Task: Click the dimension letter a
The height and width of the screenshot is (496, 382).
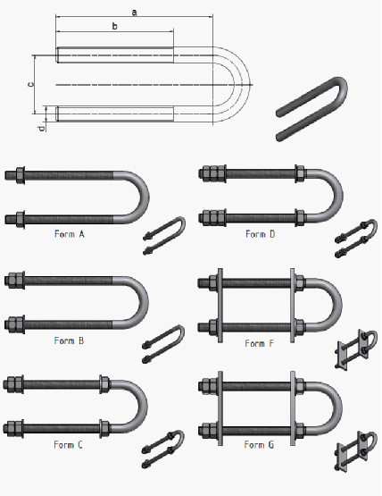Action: click(x=135, y=13)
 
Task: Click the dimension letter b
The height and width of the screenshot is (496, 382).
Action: click(x=115, y=26)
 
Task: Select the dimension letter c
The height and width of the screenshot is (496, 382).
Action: click(x=30, y=84)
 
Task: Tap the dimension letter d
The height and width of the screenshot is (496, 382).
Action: click(x=41, y=129)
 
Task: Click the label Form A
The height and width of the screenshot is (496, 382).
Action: click(x=70, y=234)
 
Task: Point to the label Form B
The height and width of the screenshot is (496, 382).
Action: click(x=70, y=340)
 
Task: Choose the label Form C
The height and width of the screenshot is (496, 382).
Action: click(x=68, y=445)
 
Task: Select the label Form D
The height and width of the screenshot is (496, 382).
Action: click(x=261, y=234)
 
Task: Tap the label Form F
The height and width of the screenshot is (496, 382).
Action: click(x=260, y=343)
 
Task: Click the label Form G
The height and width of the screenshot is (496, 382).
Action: click(x=259, y=445)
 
